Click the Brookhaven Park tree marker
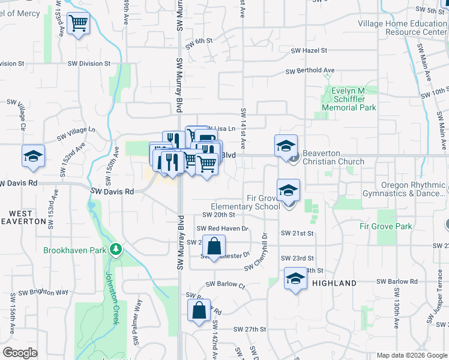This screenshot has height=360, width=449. pyautogui.click(x=116, y=248)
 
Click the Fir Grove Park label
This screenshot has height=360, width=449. pyautogui.click(x=386, y=226)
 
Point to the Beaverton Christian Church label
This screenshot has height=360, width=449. pyautogui.click(x=333, y=157)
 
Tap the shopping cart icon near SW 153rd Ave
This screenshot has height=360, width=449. pyautogui.click(x=78, y=24)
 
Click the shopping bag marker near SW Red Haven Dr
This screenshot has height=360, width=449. pyautogui.click(x=214, y=245)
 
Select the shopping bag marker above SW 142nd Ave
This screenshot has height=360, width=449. pyautogui.click(x=199, y=311)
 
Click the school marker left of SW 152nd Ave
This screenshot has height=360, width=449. pyautogui.click(x=33, y=157)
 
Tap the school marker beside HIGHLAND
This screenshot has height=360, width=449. pyautogui.click(x=295, y=280)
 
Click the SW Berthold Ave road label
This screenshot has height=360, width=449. pyautogui.click(x=310, y=71)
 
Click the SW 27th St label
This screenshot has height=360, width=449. pyautogui.click(x=250, y=329)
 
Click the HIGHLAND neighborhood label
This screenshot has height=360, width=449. pyautogui.click(x=334, y=283)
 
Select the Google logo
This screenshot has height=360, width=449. pyautogui.click(x=20, y=353)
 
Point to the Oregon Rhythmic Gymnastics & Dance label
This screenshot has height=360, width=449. pyautogui.click(x=404, y=190)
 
